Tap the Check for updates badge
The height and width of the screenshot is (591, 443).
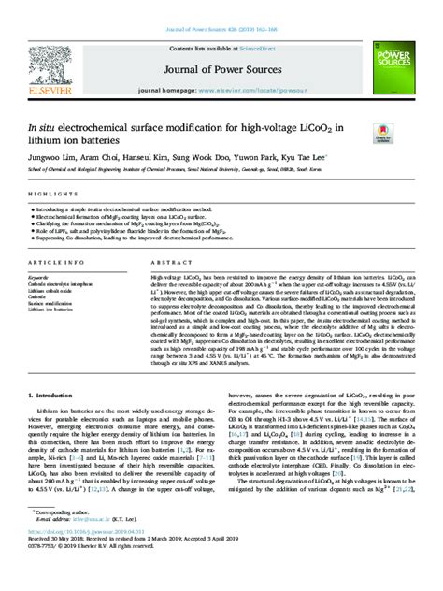pyautogui.click(x=382, y=133)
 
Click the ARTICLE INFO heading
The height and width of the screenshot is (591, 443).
pyautogui.click(x=57, y=265)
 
